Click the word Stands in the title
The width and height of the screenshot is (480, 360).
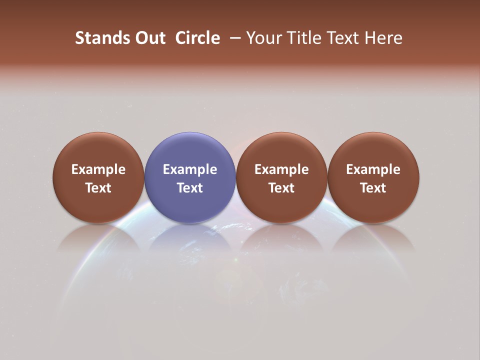pos(96,38)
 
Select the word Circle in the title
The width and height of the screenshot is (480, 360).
pos(197,38)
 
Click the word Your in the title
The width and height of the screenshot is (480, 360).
pos(263,38)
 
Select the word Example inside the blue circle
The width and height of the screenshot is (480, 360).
pos(190,169)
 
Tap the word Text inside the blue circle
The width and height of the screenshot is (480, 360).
pos(190,188)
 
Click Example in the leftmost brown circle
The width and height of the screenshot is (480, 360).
pos(98,169)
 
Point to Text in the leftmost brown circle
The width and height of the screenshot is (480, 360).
pos(98,188)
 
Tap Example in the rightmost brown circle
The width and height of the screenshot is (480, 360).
pos(373,169)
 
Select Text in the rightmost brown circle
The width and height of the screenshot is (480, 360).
pos(373,188)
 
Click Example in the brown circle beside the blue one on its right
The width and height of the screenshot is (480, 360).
pos(281,169)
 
